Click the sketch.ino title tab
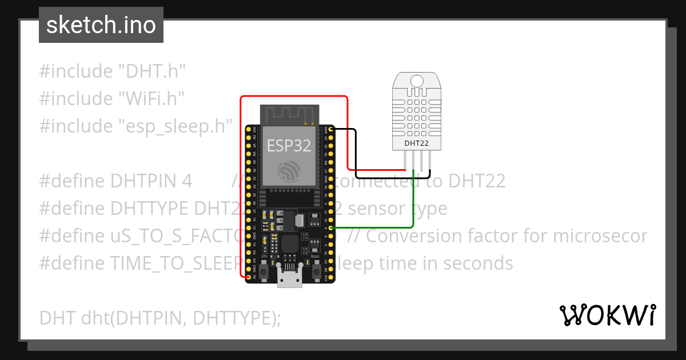click(x=101, y=25)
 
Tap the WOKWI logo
click(x=607, y=315)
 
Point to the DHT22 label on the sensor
click(x=416, y=143)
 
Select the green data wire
click(x=413, y=206)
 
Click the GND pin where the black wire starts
click(x=330, y=130)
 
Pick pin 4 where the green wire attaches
click(x=330, y=228)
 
